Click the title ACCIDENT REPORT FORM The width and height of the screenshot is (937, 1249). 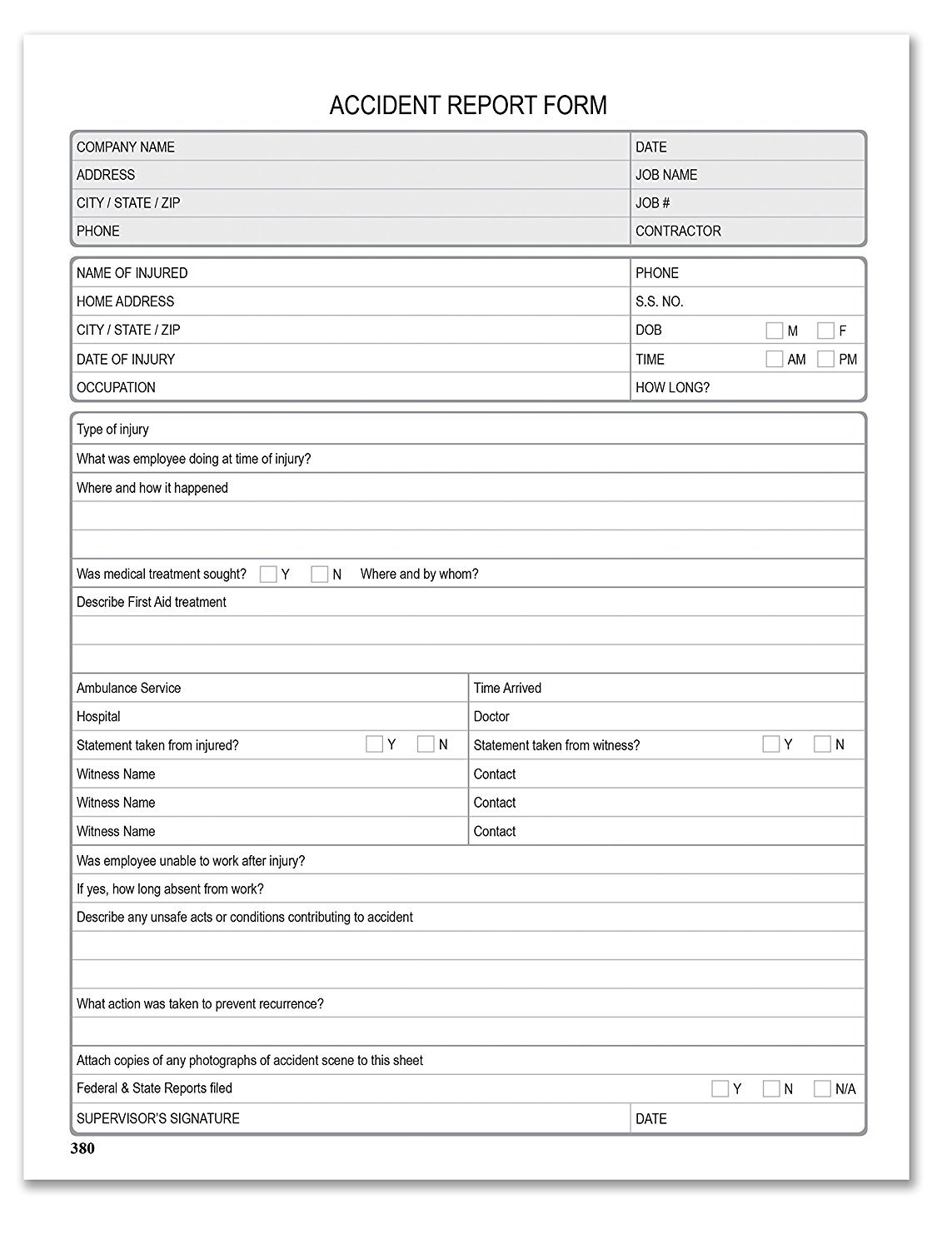468,106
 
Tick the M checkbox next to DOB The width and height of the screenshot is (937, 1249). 774,331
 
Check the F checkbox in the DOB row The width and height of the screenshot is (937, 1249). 825,331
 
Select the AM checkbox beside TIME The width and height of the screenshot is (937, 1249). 774,359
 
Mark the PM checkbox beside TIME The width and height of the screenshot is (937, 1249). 825,359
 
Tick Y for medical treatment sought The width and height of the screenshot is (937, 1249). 268,574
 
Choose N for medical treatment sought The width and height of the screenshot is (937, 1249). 319,574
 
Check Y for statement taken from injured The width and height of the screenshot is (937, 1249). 374,744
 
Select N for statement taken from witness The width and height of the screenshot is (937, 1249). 822,744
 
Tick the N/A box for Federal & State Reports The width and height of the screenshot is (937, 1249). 822,1088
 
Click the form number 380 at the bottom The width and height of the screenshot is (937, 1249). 82,1149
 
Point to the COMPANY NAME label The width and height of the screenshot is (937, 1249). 126,147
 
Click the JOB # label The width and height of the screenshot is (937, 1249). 652,203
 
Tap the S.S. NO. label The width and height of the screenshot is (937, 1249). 659,301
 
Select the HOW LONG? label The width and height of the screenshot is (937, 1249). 672,387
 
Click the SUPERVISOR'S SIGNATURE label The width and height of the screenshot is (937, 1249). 158,1118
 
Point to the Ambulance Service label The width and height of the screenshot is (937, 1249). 128,688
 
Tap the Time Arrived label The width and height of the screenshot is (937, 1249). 507,688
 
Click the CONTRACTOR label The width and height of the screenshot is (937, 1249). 678,231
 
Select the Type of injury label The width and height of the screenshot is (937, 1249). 112,430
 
